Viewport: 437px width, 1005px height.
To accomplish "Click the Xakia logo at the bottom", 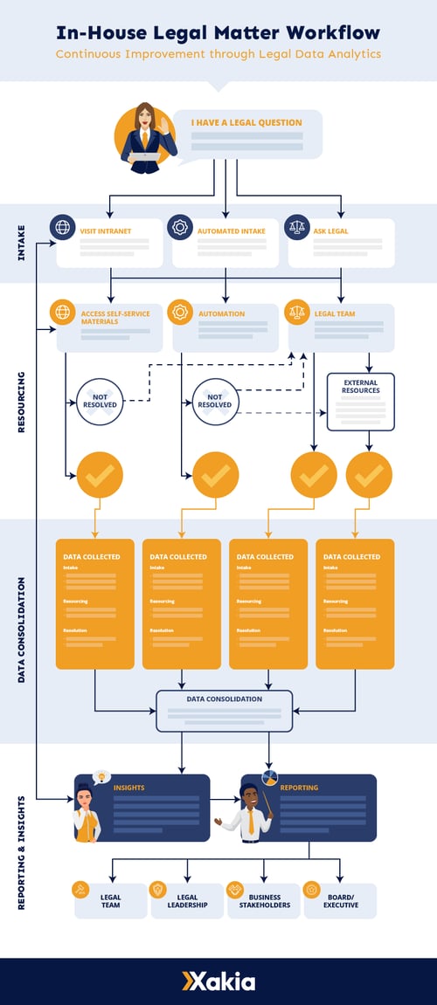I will (218, 981).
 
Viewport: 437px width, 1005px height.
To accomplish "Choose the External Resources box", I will (361, 401).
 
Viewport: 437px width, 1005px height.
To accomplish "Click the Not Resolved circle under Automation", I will (215, 401).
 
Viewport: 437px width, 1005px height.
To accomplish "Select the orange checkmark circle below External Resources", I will (369, 475).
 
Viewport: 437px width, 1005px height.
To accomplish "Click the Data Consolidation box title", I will (224, 699).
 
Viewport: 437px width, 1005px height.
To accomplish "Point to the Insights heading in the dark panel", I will (129, 788).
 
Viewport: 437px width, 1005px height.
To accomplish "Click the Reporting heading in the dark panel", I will (300, 788).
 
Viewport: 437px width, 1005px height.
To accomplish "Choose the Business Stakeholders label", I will (265, 901).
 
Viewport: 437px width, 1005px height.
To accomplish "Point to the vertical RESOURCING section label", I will (21, 402).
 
